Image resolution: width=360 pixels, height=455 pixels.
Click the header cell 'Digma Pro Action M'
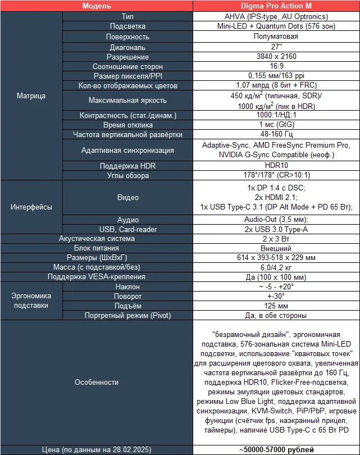[276, 6]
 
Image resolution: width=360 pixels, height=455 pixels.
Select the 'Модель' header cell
[96, 6]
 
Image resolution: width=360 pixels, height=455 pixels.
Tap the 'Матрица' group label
[31, 95]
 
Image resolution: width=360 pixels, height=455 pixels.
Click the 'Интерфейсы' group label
[31, 207]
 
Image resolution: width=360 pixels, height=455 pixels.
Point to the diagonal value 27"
[276, 47]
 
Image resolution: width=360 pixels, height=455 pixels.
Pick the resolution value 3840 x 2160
[276, 57]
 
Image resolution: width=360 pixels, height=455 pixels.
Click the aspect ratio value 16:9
[276, 66]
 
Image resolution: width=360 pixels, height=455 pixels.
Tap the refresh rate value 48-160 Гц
[276, 134]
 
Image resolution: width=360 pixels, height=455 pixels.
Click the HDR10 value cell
[276, 166]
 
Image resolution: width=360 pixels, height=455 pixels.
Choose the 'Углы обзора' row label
[127, 176]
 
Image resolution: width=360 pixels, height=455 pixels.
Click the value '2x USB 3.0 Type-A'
[276, 229]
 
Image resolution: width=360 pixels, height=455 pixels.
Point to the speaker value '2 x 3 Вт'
[276, 239]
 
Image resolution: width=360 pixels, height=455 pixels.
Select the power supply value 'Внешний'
[276, 248]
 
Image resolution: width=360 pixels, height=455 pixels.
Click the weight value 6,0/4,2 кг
[276, 267]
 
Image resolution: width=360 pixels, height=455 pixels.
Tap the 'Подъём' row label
[127, 306]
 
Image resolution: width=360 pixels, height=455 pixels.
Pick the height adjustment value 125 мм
[276, 306]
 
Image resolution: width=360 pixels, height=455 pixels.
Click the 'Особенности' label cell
[96, 382]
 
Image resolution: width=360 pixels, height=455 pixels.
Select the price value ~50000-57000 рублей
[276, 449]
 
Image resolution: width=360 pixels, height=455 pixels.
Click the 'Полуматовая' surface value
[276, 37]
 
